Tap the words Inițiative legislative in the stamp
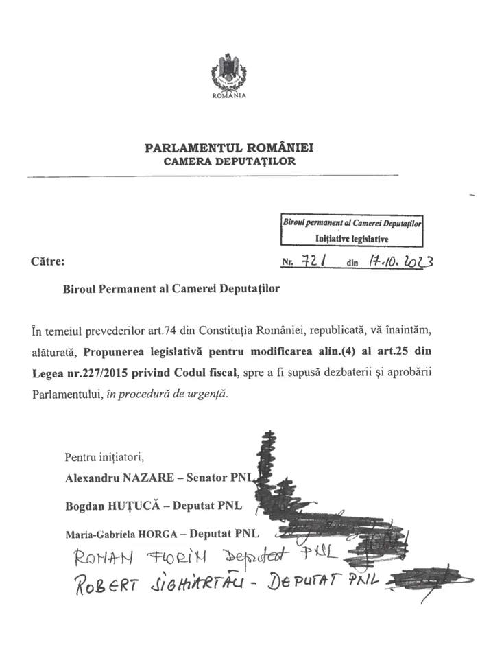(x=352, y=239)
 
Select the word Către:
(x=49, y=261)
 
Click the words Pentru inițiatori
(x=105, y=457)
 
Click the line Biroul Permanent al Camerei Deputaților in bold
(x=167, y=289)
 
